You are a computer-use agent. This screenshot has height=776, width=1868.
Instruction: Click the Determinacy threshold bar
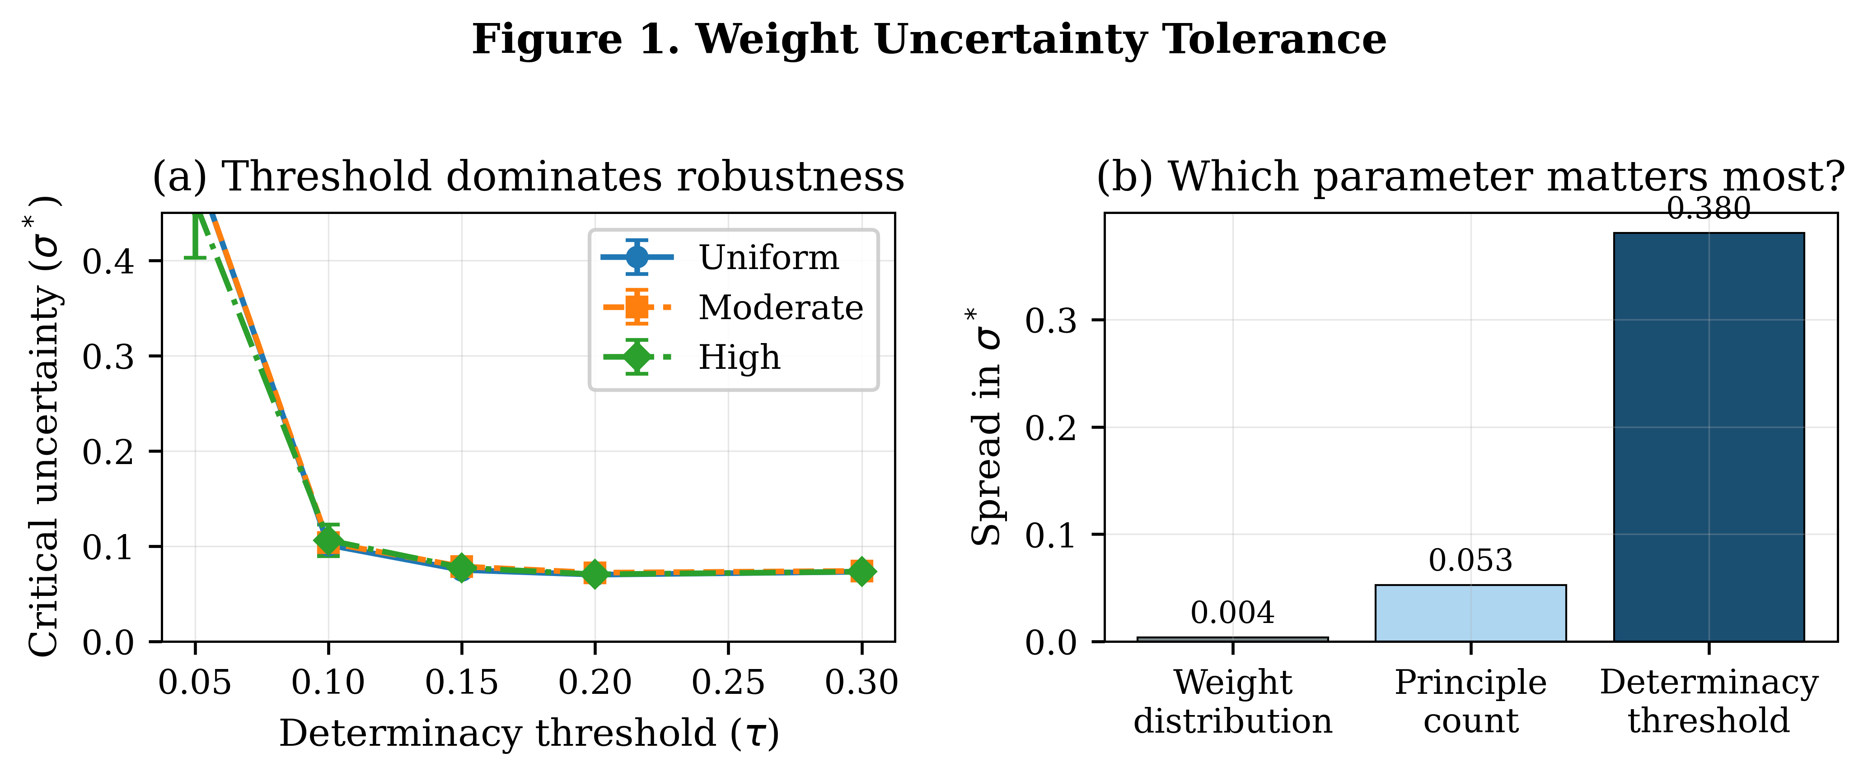(x=1709, y=437)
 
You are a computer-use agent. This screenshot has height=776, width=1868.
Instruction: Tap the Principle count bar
(x=1470, y=613)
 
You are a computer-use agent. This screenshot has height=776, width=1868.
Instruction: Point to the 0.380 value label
(x=1709, y=209)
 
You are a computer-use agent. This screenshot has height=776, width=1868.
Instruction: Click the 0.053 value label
(x=1470, y=561)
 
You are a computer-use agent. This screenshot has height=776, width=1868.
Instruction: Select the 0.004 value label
(x=1232, y=613)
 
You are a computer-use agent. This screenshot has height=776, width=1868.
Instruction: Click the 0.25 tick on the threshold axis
(x=728, y=683)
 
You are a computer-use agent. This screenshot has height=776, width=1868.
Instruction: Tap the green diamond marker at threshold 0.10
(x=328, y=540)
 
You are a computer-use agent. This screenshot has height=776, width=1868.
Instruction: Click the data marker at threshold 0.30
(x=861, y=571)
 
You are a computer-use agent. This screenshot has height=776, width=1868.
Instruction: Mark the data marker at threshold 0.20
(x=595, y=574)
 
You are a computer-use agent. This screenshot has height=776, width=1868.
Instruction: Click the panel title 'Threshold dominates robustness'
(x=528, y=177)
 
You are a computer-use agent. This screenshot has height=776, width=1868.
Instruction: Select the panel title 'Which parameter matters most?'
(x=1470, y=177)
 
